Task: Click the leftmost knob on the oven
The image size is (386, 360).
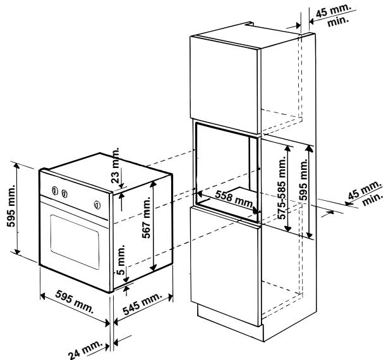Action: [x=55, y=191]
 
